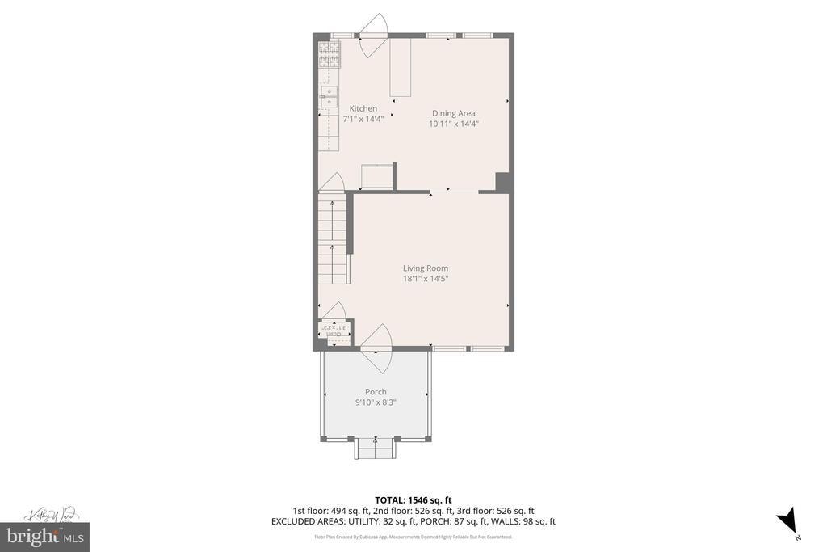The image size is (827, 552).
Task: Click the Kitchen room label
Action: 363,108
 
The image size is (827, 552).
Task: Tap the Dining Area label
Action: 453,113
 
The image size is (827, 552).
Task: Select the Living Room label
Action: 426,268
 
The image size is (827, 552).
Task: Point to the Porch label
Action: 376,392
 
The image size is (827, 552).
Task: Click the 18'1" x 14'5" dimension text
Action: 426,279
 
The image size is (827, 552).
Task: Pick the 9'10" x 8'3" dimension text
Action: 376,402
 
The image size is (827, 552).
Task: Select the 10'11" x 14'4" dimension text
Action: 453,124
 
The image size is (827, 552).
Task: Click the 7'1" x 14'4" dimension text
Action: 363,119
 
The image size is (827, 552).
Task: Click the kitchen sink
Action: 328,96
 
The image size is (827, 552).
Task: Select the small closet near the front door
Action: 334,331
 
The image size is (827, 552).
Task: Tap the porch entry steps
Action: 376,448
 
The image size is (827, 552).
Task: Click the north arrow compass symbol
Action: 787,520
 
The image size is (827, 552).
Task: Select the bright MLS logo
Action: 44,536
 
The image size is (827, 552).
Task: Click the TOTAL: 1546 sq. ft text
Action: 413,499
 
